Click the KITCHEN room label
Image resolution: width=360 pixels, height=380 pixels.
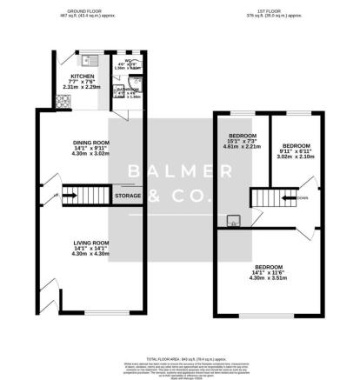pos(82,76)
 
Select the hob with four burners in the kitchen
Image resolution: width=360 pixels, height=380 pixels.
pos(64,102)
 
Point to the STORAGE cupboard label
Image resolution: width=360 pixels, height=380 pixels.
pos(128,197)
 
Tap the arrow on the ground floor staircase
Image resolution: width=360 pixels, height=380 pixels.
pos(67,197)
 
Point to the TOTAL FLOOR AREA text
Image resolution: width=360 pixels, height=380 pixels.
pos(180,357)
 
